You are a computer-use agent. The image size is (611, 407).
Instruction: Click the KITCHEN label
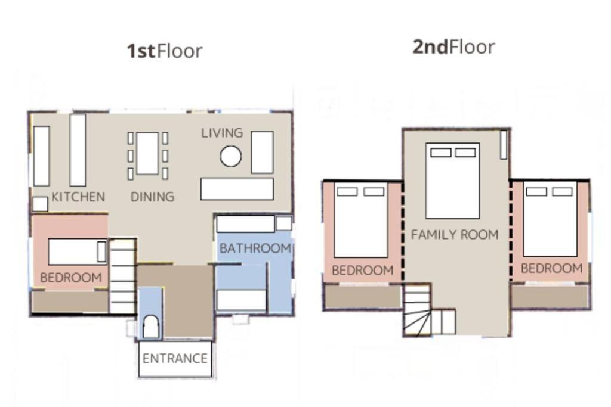click(x=78, y=197)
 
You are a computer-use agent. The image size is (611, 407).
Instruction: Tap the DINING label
click(x=152, y=197)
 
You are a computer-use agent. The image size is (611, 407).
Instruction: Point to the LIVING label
click(x=222, y=133)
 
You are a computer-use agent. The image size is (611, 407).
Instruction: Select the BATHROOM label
click(x=255, y=248)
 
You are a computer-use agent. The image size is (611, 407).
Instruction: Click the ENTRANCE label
click(x=175, y=358)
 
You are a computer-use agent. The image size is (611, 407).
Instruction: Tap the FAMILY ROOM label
click(x=455, y=235)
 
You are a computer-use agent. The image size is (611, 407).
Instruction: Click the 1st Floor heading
click(x=165, y=51)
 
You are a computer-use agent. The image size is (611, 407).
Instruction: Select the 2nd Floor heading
click(x=454, y=47)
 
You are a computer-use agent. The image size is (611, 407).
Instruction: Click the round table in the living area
click(x=231, y=156)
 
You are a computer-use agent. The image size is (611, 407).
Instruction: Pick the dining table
click(x=148, y=154)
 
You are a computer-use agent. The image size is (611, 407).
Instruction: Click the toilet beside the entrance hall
click(x=151, y=327)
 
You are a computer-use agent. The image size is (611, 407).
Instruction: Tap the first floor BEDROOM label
click(x=71, y=278)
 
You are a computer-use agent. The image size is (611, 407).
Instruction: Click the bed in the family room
click(x=452, y=181)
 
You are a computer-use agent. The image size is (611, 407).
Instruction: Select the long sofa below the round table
click(x=237, y=189)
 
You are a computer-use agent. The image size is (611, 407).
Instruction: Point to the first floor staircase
click(x=122, y=276)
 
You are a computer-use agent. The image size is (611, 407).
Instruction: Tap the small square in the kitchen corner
click(x=40, y=204)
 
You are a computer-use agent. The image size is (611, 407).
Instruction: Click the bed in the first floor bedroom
click(x=78, y=251)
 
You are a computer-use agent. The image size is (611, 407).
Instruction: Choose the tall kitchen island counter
click(x=78, y=150)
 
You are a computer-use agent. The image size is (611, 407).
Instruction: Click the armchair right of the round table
click(x=263, y=152)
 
